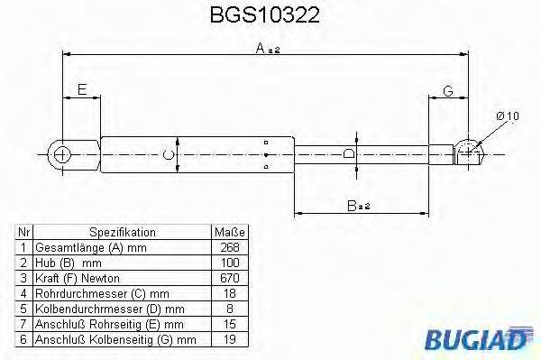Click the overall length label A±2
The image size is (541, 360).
tap(268, 51)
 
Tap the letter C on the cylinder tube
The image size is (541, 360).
tap(168, 155)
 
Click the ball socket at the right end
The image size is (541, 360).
tap(468, 152)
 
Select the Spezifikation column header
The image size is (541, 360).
tap(122, 232)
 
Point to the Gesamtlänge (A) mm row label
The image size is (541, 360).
tap(88, 247)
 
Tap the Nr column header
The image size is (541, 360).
tap(24, 232)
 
